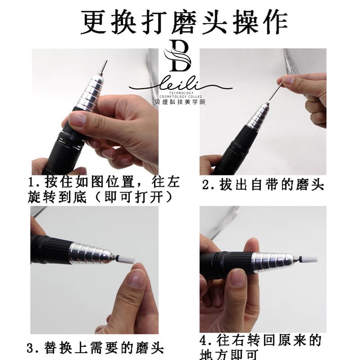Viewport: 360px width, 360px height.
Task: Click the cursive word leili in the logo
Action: pos(179,84)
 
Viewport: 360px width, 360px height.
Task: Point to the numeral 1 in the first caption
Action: pos(32,184)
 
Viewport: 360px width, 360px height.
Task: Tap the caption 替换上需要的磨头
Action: pos(103,348)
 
